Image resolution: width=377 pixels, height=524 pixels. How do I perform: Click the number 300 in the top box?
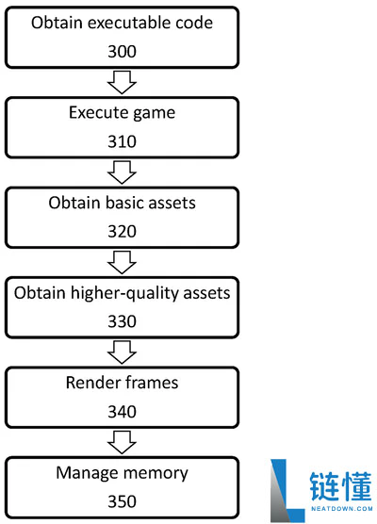pos(122,52)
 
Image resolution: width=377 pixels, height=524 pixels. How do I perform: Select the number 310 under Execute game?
pos(122,141)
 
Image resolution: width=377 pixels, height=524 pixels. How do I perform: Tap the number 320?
pos(122,231)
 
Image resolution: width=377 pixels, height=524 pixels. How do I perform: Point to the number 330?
pos(122,321)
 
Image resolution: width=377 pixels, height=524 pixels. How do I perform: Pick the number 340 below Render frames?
pos(122,412)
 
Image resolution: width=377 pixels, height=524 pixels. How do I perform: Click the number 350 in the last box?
pos(122,501)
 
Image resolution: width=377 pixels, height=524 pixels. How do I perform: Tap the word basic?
pos(124,203)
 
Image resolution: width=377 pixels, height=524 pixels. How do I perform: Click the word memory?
pos(156,474)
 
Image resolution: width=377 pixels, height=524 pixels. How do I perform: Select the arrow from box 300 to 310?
pos(122,82)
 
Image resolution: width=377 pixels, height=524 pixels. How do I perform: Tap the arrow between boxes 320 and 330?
pos(122,262)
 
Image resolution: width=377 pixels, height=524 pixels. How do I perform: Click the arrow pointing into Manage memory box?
pos(122,442)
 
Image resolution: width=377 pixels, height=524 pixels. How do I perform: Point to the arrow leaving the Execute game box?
pos(122,172)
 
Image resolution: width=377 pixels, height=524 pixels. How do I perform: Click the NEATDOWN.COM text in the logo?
pos(341,509)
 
